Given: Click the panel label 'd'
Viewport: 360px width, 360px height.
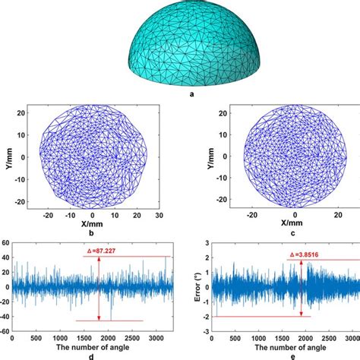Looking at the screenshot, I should pos(90,355).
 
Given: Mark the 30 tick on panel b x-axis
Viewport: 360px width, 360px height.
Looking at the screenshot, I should pos(158,216).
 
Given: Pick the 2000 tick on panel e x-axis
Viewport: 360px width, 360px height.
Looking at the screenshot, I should pos(302,338).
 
